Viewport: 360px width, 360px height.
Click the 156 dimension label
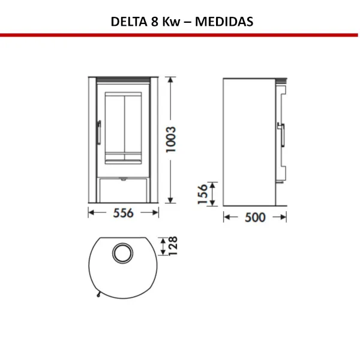tap(203, 194)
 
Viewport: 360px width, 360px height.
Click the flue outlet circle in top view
tap(124, 252)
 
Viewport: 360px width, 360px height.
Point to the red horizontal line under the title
tap(180, 35)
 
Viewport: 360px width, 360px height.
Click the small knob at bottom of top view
tap(95, 294)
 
